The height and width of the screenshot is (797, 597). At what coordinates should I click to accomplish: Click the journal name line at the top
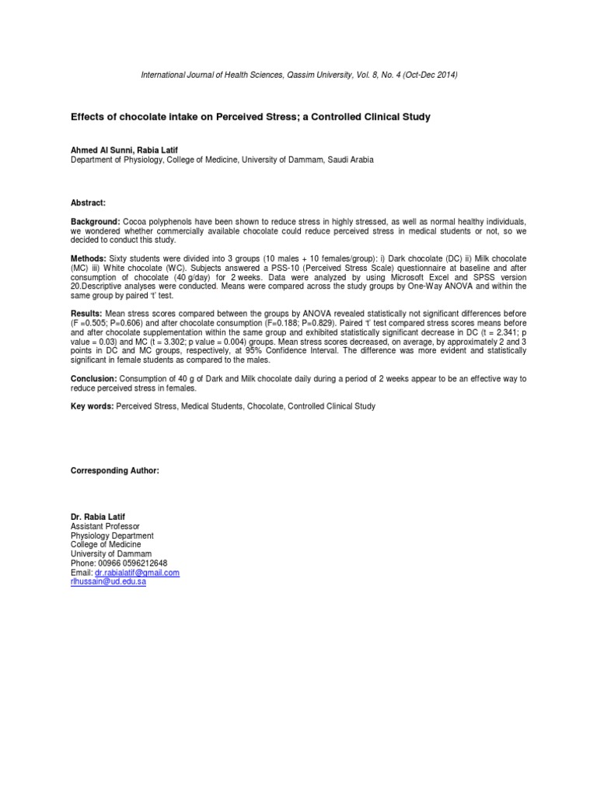pos(298,75)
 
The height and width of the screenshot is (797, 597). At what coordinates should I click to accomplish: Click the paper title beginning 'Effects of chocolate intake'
pos(250,117)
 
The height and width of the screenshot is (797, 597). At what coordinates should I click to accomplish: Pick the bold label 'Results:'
pos(87,313)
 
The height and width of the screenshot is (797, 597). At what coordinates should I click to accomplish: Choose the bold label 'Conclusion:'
pos(93,378)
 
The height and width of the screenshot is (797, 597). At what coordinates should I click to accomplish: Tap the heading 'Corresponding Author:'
pos(115,471)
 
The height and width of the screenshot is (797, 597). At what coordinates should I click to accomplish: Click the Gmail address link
pos(137,573)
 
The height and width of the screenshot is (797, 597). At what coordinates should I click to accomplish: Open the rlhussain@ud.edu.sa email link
pos(108,582)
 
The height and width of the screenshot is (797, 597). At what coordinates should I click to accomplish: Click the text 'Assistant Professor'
pos(105,527)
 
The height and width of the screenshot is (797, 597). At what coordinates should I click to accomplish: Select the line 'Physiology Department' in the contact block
pos(112,536)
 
